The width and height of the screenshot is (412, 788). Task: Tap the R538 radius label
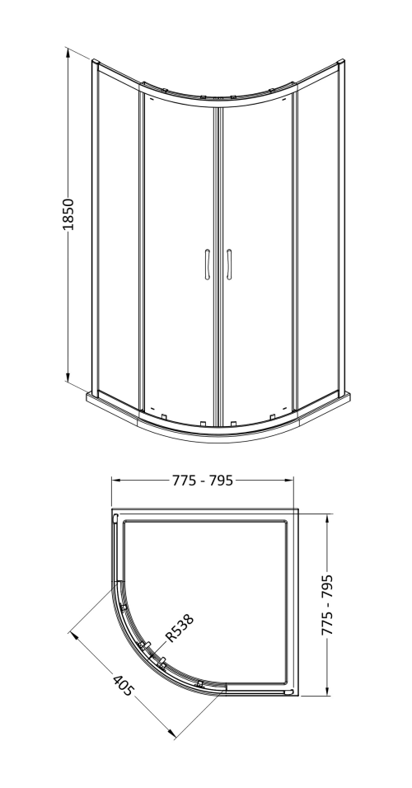tap(180, 622)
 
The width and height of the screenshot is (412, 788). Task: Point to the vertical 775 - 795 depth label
tap(328, 604)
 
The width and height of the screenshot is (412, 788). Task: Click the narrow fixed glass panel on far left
tap(117, 239)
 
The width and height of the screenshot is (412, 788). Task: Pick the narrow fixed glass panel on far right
tap(317, 239)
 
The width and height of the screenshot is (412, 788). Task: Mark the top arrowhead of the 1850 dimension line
tap(67, 49)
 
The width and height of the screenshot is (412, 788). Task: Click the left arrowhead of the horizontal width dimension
tap(114, 481)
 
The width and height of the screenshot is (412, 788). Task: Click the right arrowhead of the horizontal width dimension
tap(293, 481)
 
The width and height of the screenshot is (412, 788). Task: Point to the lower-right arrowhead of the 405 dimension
tap(174, 736)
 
